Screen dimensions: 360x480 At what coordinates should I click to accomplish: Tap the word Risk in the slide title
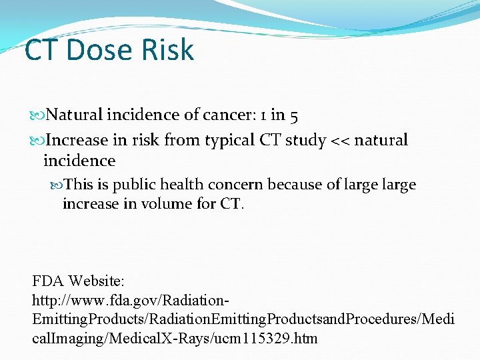169,50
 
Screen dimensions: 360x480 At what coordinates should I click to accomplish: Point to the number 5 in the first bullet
294,115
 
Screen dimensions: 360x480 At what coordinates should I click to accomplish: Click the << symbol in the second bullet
340,140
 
